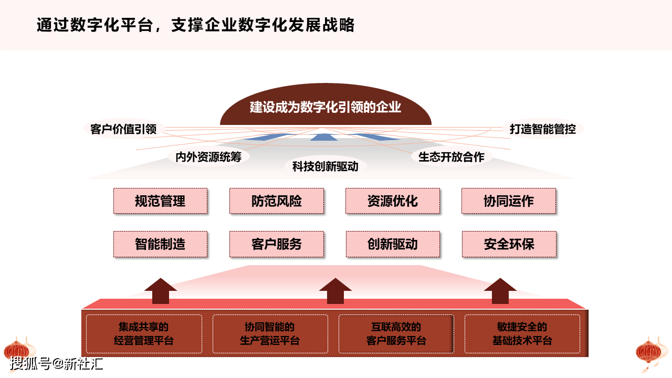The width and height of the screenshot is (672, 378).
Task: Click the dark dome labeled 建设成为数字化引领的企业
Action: pyautogui.click(x=325, y=105)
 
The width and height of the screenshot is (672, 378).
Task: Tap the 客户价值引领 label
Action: pyautogui.click(x=123, y=129)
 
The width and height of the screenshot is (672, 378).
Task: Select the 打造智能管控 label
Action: pyautogui.click(x=543, y=129)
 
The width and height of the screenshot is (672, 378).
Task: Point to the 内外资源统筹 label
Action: pyautogui.click(x=208, y=157)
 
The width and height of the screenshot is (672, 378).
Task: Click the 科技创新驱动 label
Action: pyautogui.click(x=325, y=166)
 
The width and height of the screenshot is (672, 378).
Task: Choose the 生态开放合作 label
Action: pyautogui.click(x=451, y=157)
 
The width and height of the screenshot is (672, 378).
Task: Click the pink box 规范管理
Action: pyautogui.click(x=161, y=201)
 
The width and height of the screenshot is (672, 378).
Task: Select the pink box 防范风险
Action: pyautogui.click(x=277, y=201)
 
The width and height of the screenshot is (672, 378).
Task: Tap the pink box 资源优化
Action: pyautogui.click(x=393, y=201)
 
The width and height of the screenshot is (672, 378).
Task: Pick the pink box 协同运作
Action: pyautogui.click(x=509, y=201)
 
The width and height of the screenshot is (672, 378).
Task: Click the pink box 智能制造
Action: pyautogui.click(x=161, y=244)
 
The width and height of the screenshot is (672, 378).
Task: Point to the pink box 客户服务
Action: pyautogui.click(x=277, y=244)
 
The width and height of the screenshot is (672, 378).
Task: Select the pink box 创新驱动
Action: pyautogui.click(x=393, y=244)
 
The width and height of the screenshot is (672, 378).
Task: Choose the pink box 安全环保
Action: pyautogui.click(x=509, y=244)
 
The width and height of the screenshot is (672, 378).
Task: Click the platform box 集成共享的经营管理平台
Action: pyautogui.click(x=144, y=334)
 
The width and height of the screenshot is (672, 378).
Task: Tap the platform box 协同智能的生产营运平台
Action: pyautogui.click(x=270, y=334)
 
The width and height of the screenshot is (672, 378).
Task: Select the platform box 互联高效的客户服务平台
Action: pyautogui.click(x=396, y=334)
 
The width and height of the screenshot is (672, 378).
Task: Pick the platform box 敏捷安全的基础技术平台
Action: pyautogui.click(x=522, y=334)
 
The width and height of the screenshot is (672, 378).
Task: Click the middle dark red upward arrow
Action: pyautogui.click(x=335, y=291)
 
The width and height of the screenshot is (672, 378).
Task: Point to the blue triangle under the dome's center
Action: pyautogui.click(x=323, y=138)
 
